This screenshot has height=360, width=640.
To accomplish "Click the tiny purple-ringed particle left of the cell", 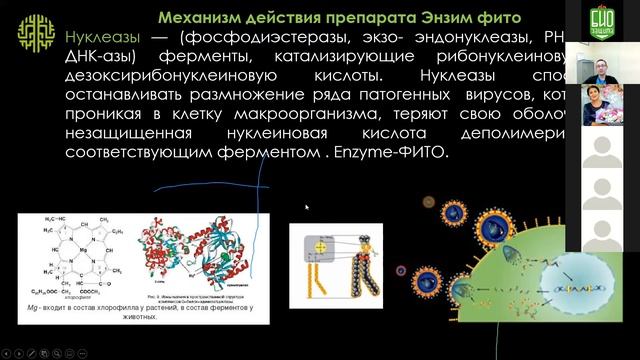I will click(401, 270).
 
